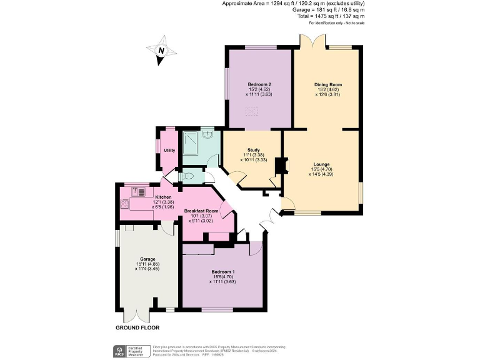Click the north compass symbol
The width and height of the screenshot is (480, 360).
[161, 54]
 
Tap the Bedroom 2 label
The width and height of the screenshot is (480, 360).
[259, 84]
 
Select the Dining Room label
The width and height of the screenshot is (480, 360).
[327, 84]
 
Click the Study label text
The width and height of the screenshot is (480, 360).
[253, 150]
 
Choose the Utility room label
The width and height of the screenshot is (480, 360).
[169, 151]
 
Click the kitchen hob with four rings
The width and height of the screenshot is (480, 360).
[124, 204]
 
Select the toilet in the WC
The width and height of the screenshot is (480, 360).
[186, 177]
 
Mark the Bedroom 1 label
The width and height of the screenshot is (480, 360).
[222, 272]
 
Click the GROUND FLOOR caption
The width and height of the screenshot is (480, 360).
[137, 327]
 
